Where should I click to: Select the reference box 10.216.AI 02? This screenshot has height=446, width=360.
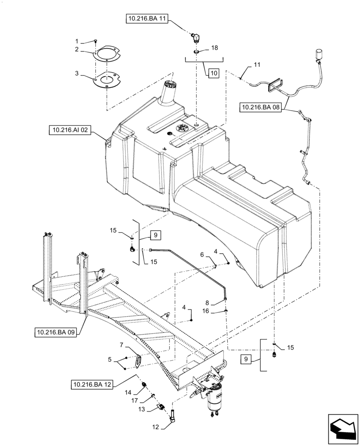point(70,130)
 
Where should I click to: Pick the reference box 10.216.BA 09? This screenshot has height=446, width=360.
point(54,332)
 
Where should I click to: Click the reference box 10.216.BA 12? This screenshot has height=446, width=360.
point(91,383)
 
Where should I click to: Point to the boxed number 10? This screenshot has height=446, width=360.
point(213,73)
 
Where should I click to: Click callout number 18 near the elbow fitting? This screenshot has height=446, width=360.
point(214,47)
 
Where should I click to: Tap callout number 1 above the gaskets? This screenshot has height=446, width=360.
point(76,41)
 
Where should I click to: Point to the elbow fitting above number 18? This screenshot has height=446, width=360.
point(196,37)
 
